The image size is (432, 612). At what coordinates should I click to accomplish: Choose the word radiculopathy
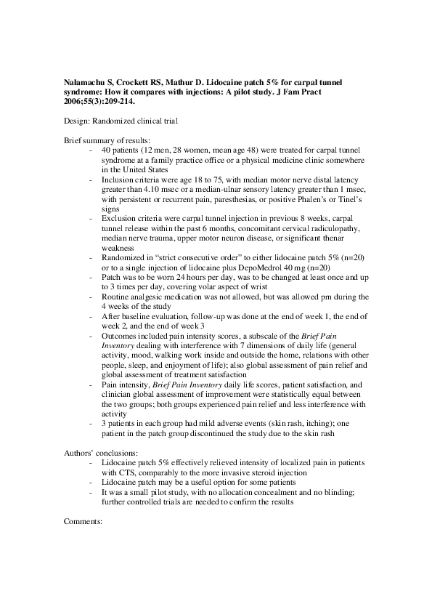[x=332, y=228]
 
